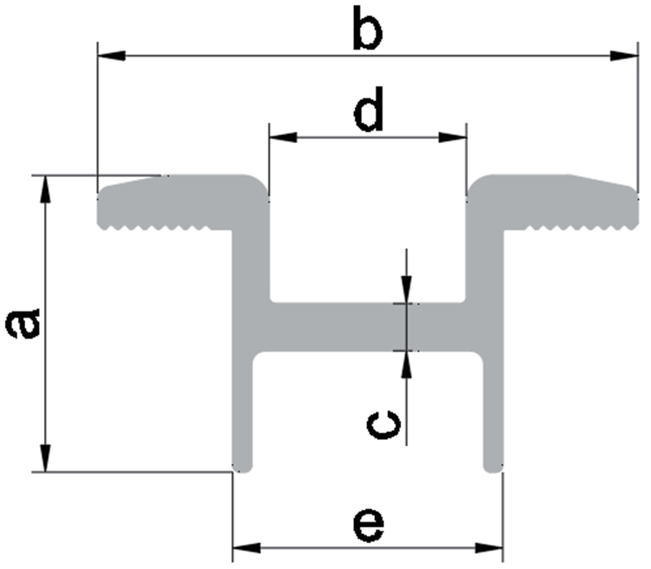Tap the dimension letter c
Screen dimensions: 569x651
(x=383, y=423)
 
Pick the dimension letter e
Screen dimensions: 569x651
(x=368, y=525)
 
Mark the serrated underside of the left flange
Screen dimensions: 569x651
(x=163, y=227)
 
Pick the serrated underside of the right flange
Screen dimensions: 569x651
(x=570, y=227)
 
